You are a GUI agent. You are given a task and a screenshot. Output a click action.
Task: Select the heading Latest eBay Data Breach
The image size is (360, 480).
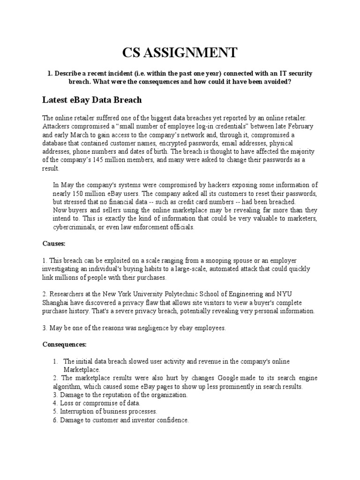pyautogui.click(x=92, y=100)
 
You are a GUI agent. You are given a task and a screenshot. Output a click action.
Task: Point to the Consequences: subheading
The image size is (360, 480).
pyautogui.click(x=65, y=345)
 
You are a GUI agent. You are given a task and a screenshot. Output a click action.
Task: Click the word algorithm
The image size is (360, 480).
pyautogui.click(x=66, y=387)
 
